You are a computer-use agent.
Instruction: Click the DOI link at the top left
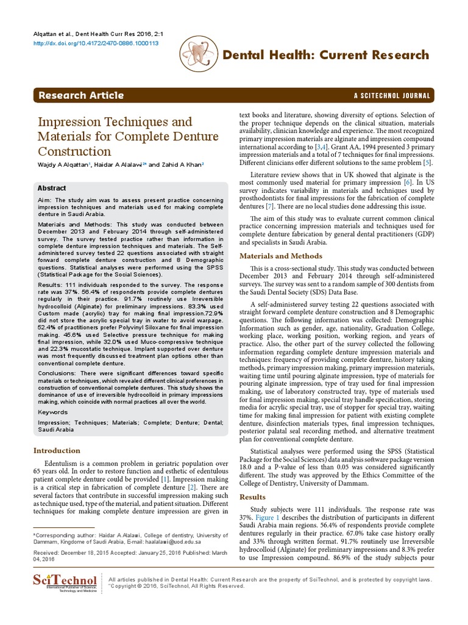click(87, 43)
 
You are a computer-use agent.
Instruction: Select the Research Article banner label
click(81, 95)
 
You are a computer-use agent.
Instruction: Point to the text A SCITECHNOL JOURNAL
click(392, 96)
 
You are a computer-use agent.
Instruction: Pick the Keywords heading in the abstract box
click(54, 412)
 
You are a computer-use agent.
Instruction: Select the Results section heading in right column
click(253, 497)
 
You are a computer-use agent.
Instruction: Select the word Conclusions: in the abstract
click(57, 372)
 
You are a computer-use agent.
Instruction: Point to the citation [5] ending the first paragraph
click(428, 163)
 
